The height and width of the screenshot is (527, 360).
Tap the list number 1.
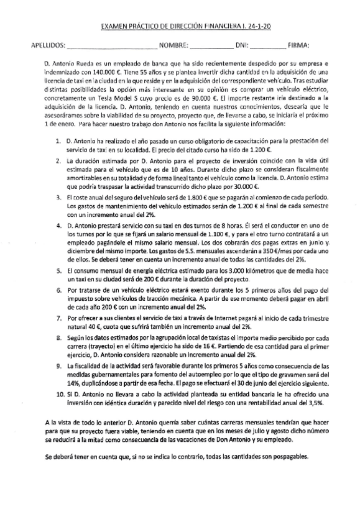click(x=57, y=142)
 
